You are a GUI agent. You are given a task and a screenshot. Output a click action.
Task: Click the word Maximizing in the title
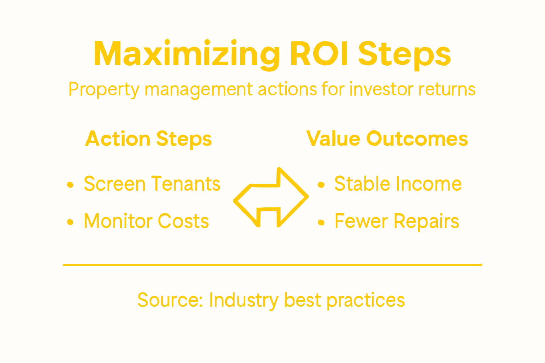pyautogui.click(x=187, y=54)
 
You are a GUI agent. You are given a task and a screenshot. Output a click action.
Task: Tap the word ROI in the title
pyautogui.click(x=319, y=54)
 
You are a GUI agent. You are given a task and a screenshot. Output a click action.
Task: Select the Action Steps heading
pyautogui.click(x=148, y=139)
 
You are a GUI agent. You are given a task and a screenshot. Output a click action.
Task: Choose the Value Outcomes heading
pyautogui.click(x=387, y=139)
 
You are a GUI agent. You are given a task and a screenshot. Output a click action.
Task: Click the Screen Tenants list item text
pyautogui.click(x=152, y=184)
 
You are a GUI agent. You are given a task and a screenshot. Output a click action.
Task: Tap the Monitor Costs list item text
pyautogui.click(x=146, y=221)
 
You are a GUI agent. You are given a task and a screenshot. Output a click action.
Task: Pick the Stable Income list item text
pyautogui.click(x=398, y=184)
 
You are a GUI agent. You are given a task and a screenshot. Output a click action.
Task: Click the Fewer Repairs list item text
pyautogui.click(x=397, y=222)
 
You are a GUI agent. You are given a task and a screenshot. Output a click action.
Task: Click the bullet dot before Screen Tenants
pyautogui.click(x=70, y=185)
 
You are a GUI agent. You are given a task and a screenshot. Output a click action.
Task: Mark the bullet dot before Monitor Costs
pyautogui.click(x=70, y=222)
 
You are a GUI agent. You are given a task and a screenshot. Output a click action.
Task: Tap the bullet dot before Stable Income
pyautogui.click(x=321, y=185)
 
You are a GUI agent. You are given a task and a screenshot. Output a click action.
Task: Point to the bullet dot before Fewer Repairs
pyautogui.click(x=321, y=222)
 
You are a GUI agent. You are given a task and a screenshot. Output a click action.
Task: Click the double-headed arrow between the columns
pyautogui.click(x=271, y=197)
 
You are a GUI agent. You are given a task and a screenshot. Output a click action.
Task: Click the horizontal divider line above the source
pyautogui.click(x=272, y=264)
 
